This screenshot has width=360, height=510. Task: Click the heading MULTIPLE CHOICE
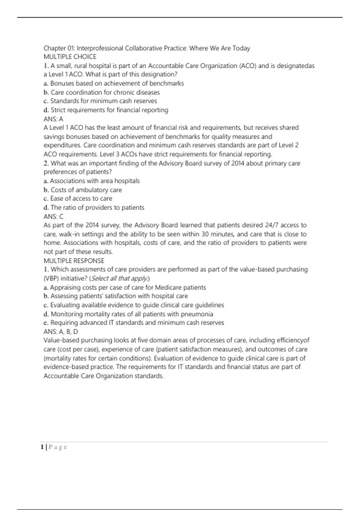click(x=70, y=57)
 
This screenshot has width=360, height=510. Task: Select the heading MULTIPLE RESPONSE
click(x=74, y=261)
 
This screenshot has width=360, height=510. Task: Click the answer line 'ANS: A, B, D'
click(x=61, y=331)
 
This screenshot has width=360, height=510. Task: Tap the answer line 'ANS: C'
click(x=53, y=216)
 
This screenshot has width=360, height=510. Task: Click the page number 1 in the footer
click(x=42, y=447)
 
